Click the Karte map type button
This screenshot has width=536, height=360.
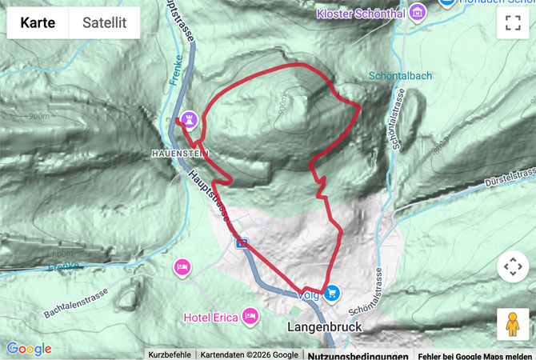point(38,23)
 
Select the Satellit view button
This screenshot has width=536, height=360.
point(104,23)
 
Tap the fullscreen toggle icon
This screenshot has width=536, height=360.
point(513,23)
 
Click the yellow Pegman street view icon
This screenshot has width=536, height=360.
point(513,324)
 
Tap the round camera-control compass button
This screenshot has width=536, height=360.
point(513,266)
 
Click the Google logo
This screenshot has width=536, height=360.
point(29,349)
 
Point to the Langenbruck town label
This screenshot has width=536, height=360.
point(324,327)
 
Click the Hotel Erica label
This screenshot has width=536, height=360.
point(211,318)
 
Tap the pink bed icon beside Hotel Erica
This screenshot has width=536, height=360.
point(250,317)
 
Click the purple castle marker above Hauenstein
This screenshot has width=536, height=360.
point(190,119)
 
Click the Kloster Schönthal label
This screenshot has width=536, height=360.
point(361,14)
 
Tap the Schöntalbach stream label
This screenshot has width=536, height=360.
point(400,76)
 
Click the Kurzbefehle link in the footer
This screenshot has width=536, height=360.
point(170,354)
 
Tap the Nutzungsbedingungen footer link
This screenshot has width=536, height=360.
point(358,355)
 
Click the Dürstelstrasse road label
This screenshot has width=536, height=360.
point(510,178)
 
